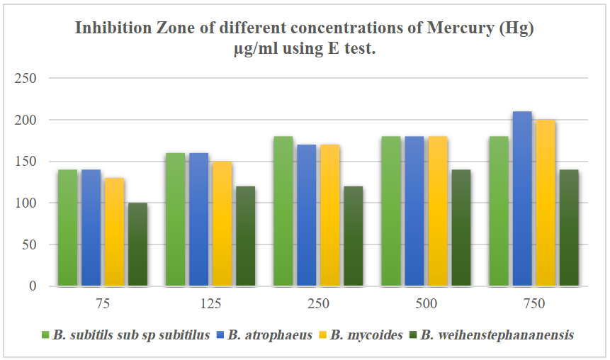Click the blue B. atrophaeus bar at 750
pyautogui.click(x=522, y=199)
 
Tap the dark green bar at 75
pyautogui.click(x=137, y=244)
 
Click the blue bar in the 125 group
pyautogui.click(x=199, y=220)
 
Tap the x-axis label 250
pyautogui.click(x=319, y=304)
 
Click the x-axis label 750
pyautogui.click(x=534, y=304)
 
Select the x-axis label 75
pyautogui.click(x=103, y=304)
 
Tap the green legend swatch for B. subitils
pyautogui.click(x=45, y=335)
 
